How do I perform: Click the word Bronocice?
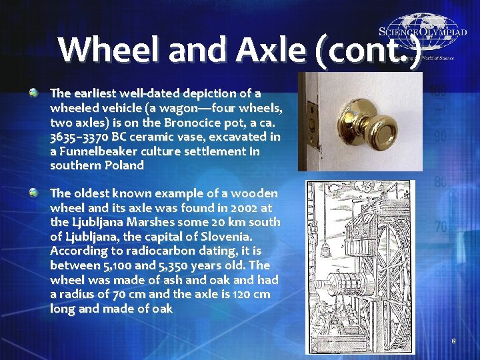(199, 122)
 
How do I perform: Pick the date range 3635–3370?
(80, 137)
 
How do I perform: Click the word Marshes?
(143, 222)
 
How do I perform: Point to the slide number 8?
(453, 341)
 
